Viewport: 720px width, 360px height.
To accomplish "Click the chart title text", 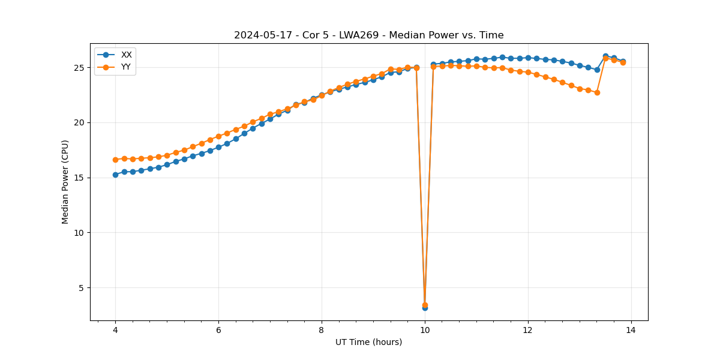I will pos(368,35).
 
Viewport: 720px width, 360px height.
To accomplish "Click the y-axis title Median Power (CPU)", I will pos(65,182).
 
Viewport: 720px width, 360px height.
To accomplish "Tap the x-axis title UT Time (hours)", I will pos(368,342).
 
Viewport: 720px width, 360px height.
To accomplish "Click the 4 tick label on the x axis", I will pos(115,330).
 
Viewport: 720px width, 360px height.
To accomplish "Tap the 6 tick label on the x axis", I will pos(218,330).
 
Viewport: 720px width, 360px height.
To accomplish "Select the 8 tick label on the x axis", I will pos(322,330).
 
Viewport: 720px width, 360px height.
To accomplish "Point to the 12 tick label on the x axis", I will pos(528,330).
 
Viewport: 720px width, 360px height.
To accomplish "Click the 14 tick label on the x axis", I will pos(631,330).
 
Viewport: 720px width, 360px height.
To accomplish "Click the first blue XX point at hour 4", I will pos(115,175).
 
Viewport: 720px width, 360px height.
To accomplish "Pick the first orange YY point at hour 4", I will pos(115,160).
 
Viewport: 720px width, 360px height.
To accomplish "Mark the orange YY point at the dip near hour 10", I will pos(425,305).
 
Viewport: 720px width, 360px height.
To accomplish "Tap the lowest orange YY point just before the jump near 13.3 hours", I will pos(597,92).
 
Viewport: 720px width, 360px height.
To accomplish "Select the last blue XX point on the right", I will pos(623,61).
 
